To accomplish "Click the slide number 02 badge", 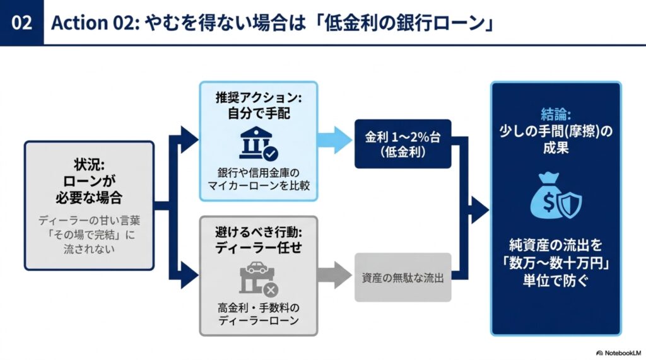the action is click(x=21, y=23).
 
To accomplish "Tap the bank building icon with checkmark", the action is click(x=258, y=143).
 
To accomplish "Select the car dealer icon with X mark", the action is click(x=259, y=279).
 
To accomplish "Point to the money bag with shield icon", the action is click(x=556, y=196).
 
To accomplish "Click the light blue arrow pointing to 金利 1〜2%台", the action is click(x=334, y=140).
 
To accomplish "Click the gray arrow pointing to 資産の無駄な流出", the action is click(x=334, y=275).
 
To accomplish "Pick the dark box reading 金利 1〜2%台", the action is click(x=403, y=144).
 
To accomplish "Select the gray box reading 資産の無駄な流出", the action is click(x=403, y=277).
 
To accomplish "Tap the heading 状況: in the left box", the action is click(x=90, y=165).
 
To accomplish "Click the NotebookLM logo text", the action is click(x=619, y=353).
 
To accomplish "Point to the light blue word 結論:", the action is click(x=556, y=114).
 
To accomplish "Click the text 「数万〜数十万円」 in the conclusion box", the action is click(x=556, y=263).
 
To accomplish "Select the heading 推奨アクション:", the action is click(x=258, y=98).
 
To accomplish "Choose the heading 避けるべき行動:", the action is click(x=258, y=232).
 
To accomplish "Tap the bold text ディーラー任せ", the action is click(x=258, y=248).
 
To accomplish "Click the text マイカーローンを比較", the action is click(x=258, y=186).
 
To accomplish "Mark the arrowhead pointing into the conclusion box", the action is click(x=480, y=210).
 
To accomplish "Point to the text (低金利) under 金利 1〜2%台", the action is click(x=403, y=153).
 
